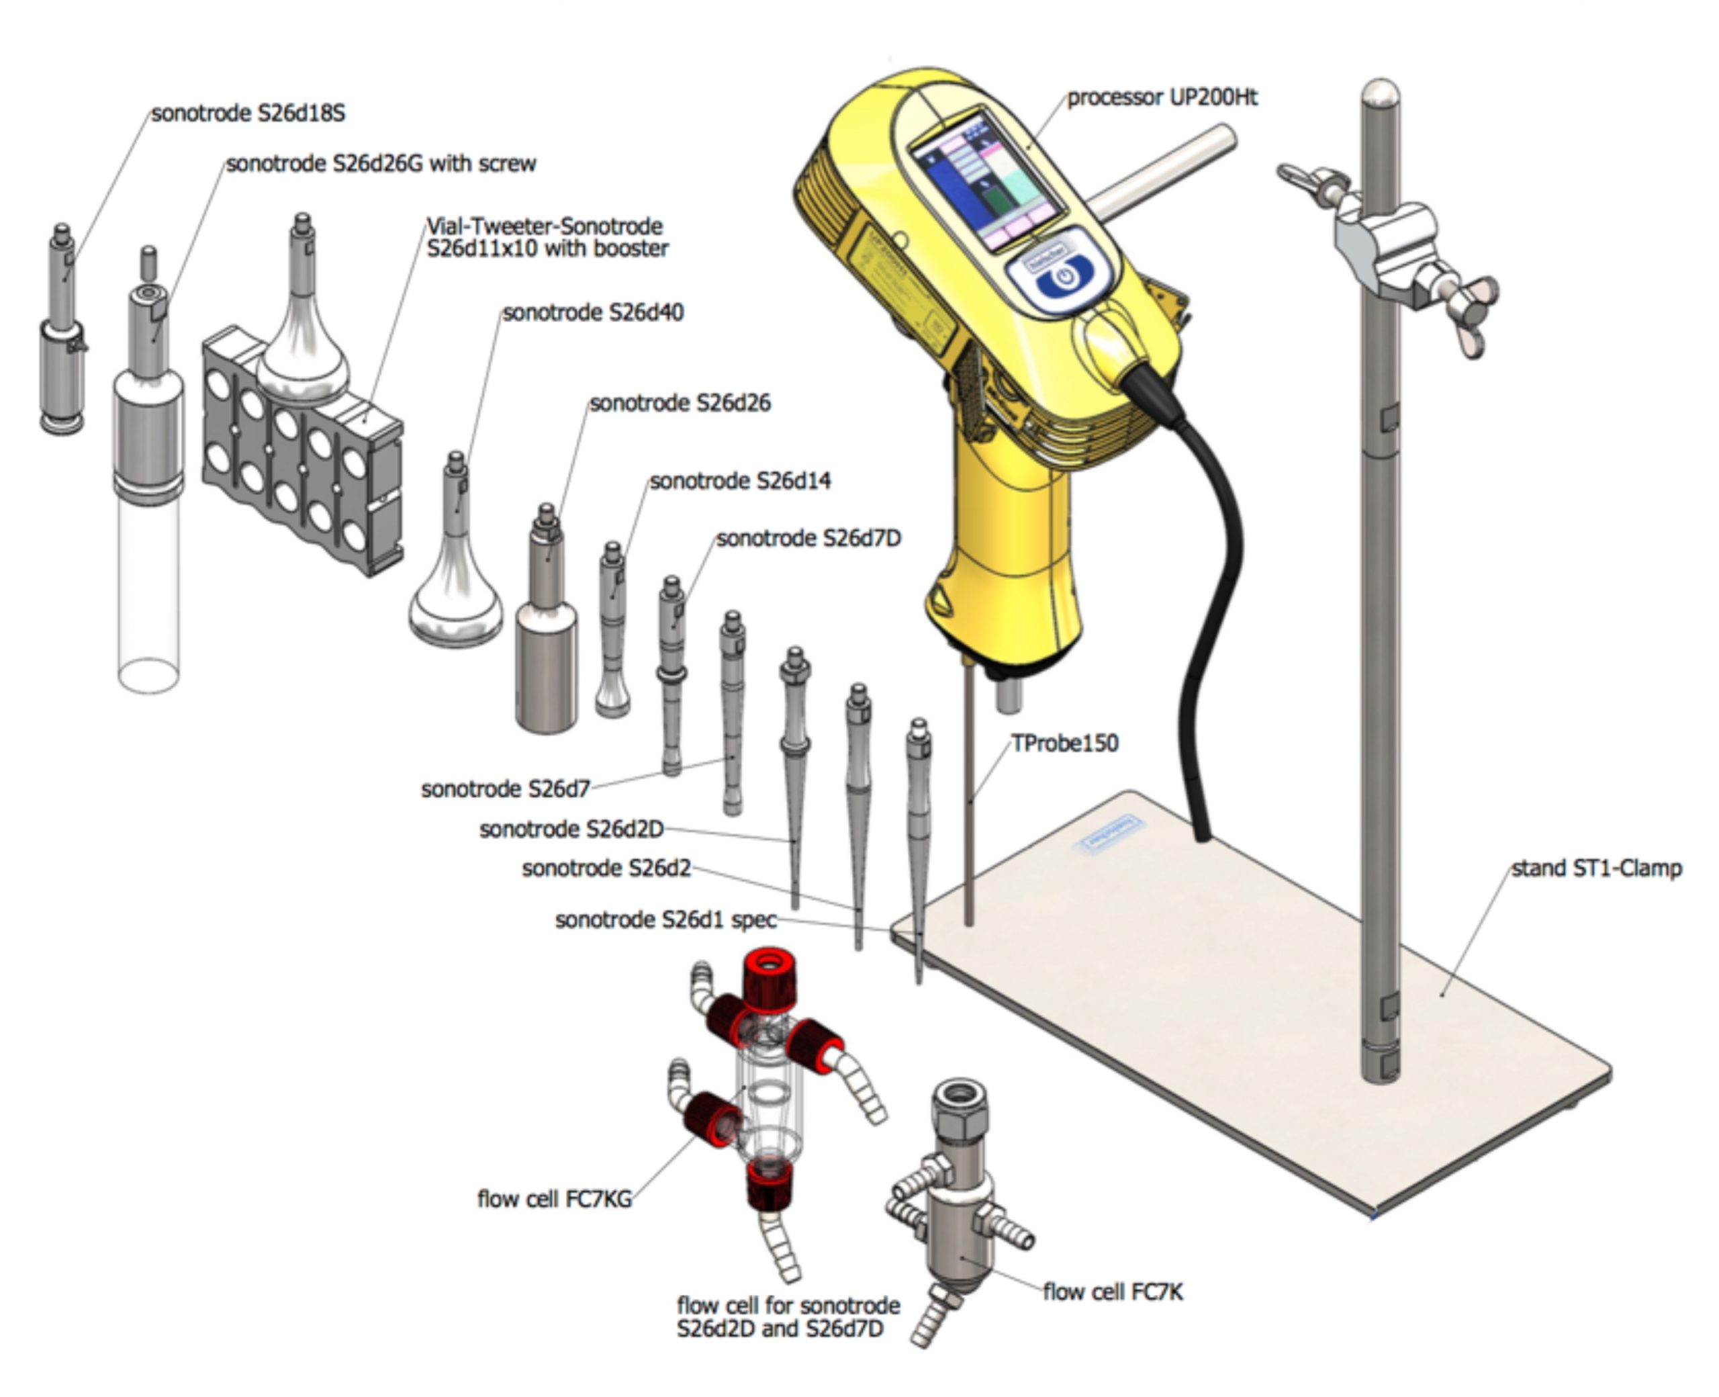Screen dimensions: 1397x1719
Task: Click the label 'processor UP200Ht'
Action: click(1162, 97)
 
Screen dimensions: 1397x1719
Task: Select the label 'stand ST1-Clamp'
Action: click(1596, 868)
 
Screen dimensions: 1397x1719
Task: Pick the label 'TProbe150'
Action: click(1064, 743)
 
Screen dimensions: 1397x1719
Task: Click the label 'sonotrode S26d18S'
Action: click(248, 114)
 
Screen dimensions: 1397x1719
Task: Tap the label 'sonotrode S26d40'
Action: click(593, 312)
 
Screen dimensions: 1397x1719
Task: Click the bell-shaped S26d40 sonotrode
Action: click(455, 596)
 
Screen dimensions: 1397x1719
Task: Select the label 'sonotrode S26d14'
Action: click(740, 481)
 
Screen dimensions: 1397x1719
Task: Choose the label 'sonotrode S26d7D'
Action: click(808, 539)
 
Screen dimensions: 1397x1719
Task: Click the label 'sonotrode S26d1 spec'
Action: click(666, 919)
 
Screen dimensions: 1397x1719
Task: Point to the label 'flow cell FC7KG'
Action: click(554, 1199)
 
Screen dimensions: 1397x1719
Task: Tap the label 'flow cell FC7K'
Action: click(1113, 1292)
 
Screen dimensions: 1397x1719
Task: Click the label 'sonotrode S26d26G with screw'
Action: click(381, 163)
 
